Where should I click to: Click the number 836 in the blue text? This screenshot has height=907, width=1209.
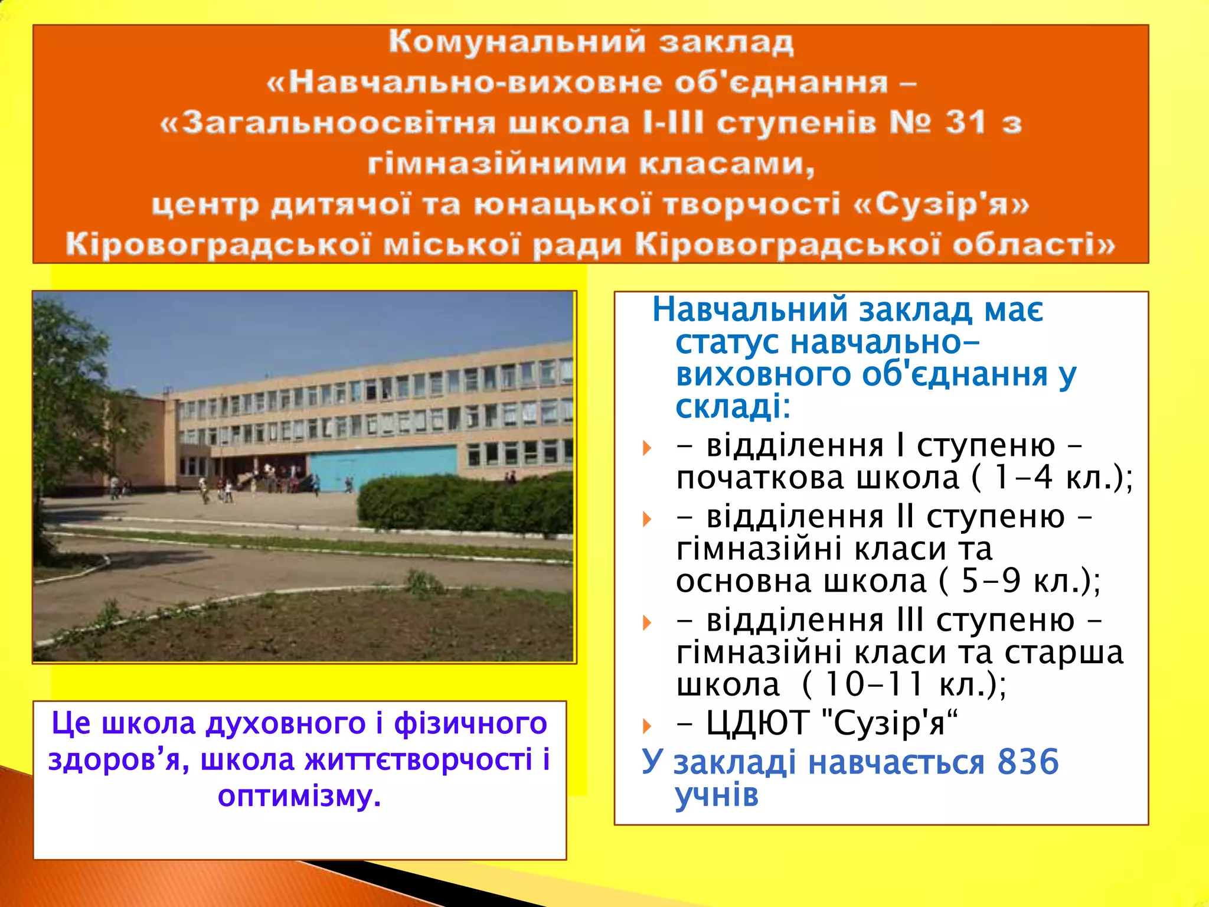(x=1028, y=762)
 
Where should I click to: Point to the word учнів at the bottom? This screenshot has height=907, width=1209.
(x=717, y=795)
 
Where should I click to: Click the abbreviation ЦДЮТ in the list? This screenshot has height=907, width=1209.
(x=757, y=723)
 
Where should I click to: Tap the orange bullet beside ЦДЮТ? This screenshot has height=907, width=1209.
(x=647, y=726)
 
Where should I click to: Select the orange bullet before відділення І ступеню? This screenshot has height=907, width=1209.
(x=647, y=448)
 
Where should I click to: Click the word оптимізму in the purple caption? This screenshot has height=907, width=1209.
(x=299, y=796)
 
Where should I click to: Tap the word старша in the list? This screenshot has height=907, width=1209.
(x=1064, y=652)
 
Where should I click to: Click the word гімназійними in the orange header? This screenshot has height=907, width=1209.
(x=497, y=164)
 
